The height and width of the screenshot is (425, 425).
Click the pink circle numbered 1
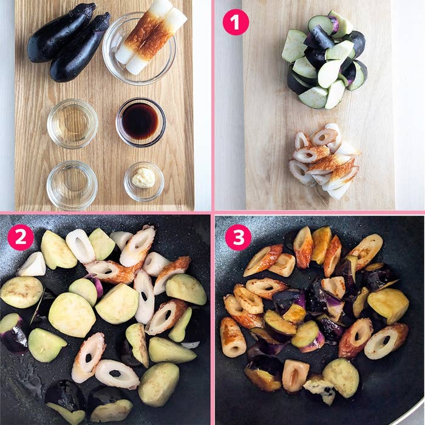[236, 22]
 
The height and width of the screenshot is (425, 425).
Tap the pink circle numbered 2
[21, 237]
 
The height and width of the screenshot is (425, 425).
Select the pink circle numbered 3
[238, 237]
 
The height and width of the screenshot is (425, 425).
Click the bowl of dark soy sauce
[141, 122]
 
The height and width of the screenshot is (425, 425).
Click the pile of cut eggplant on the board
[325, 59]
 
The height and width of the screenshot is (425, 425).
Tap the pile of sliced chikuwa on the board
[324, 160]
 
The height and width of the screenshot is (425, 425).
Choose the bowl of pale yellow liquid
[72, 124]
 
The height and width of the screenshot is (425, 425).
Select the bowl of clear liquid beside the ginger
[72, 185]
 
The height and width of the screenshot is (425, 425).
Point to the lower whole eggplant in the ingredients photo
[80, 47]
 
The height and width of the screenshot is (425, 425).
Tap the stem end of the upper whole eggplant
[91, 7]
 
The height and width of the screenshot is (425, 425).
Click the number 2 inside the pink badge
[21, 237]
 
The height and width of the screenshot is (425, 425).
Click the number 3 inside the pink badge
[238, 237]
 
